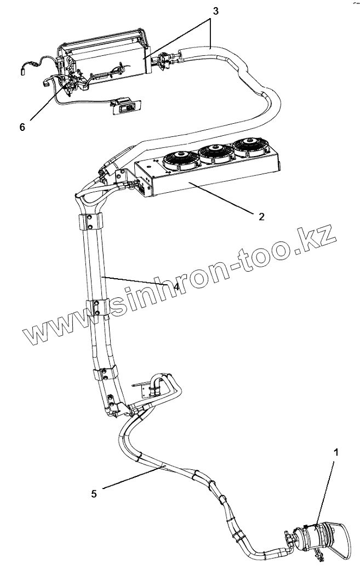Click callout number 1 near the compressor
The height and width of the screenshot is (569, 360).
click(336, 453)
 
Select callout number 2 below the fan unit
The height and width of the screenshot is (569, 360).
click(261, 216)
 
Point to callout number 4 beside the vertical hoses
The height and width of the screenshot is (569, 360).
click(176, 285)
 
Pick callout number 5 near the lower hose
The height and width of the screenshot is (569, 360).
click(94, 493)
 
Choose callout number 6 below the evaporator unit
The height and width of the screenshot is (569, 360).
click(22, 127)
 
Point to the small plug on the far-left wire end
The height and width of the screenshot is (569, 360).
click(24, 70)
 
